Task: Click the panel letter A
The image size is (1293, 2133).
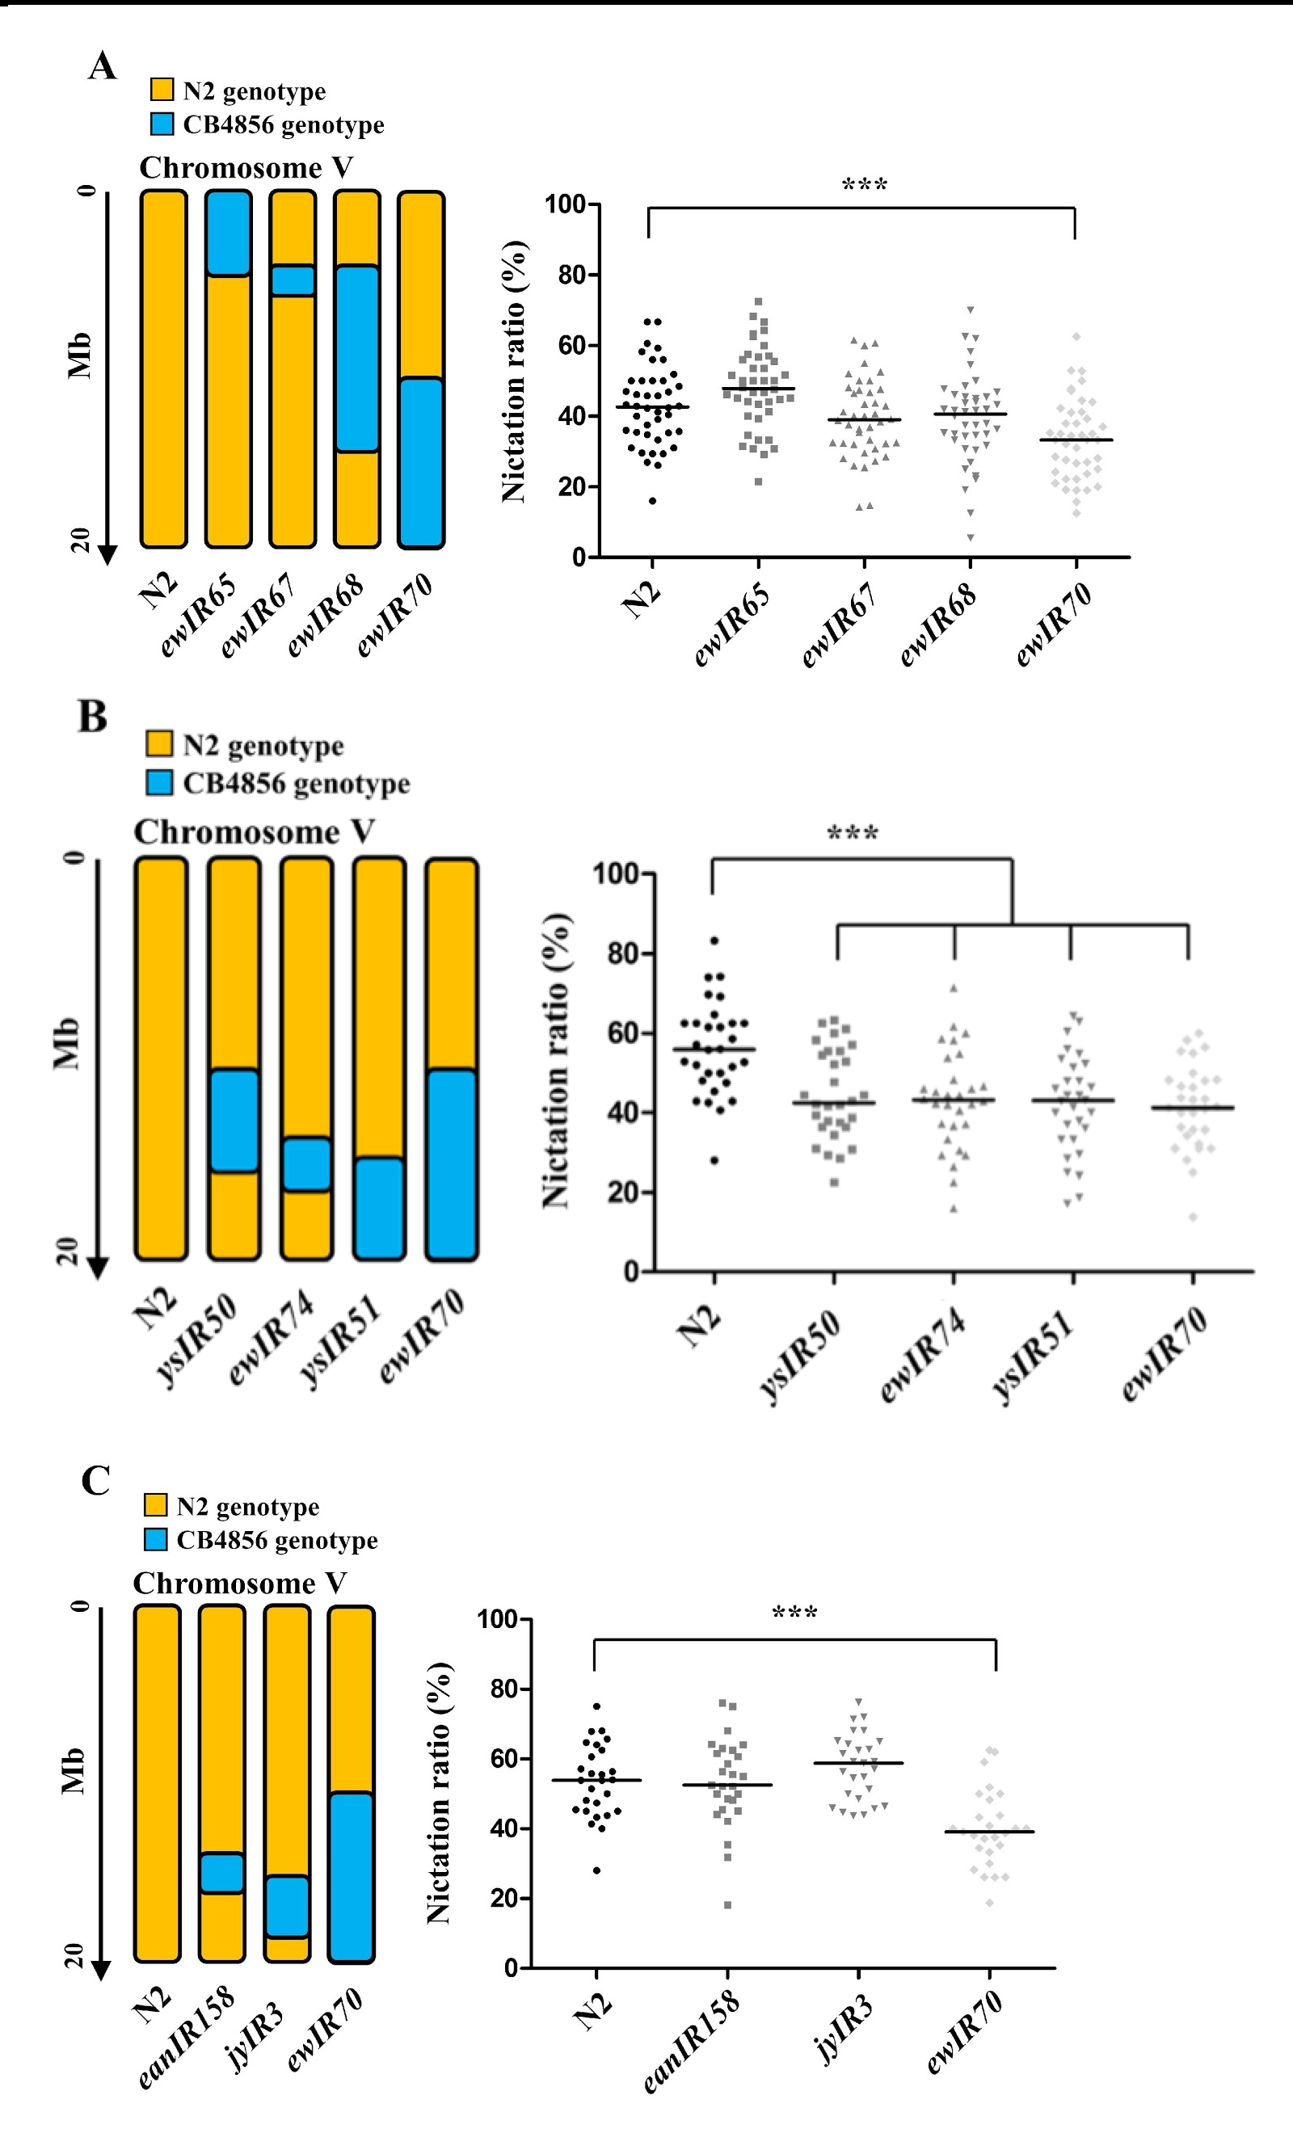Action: [x=102, y=66]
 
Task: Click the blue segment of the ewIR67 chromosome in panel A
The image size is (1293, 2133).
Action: [x=293, y=280]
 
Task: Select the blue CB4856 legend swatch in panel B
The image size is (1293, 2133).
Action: [x=159, y=783]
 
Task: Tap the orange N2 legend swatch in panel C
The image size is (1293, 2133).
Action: [x=156, y=1505]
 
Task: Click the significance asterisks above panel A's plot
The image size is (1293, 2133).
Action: [x=865, y=184]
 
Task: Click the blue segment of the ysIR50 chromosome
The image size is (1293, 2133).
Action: [x=234, y=1121]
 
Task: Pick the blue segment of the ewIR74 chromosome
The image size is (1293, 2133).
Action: [x=306, y=1164]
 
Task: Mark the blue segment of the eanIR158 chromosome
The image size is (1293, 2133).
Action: [x=221, y=1874]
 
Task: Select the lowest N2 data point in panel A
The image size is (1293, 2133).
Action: [x=652, y=501]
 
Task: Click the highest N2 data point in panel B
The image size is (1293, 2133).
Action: [x=714, y=941]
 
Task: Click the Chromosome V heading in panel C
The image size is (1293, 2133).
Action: [x=240, y=1584]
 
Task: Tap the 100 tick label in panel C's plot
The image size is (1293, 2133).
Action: [x=498, y=1619]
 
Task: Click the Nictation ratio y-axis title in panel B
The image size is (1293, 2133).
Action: [x=555, y=1060]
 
